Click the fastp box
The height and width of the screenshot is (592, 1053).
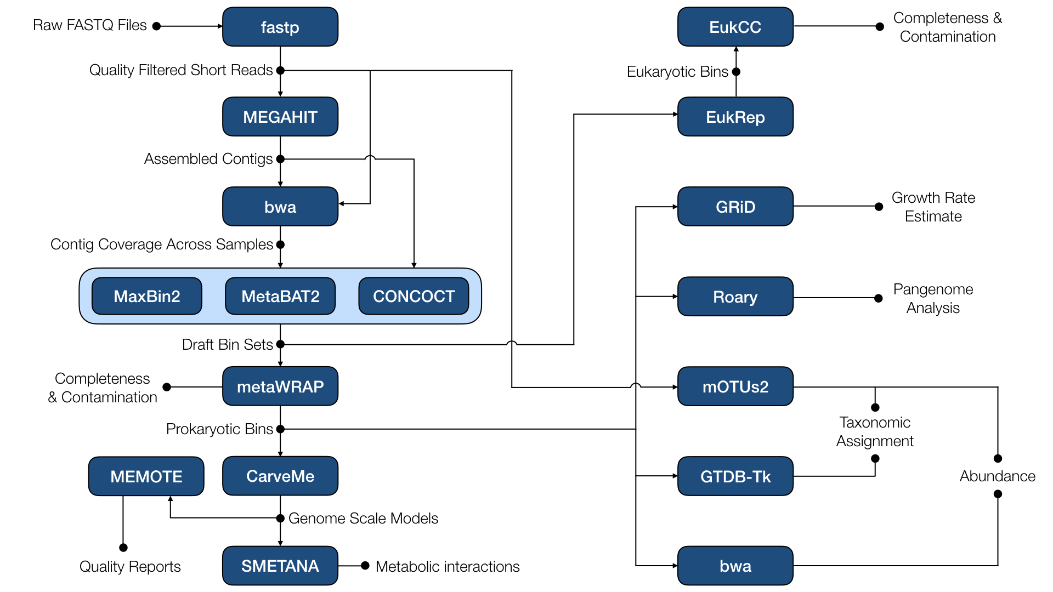[280, 27]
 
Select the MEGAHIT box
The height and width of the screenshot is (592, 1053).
[280, 117]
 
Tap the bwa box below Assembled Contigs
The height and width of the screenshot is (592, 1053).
[280, 207]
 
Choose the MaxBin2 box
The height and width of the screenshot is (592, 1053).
[146, 296]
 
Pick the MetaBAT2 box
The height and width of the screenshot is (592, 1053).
[280, 296]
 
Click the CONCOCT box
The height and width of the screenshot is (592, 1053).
[414, 296]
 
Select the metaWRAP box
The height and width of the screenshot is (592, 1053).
[280, 386]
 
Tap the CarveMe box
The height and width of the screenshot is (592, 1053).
[280, 476]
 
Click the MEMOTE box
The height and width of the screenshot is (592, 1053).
[146, 476]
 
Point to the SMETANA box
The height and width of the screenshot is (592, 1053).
[280, 566]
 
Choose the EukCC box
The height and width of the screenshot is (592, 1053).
[735, 27]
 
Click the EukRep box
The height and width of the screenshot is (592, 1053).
[735, 117]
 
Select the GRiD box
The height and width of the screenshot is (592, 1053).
[735, 207]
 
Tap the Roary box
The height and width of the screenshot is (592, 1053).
[735, 297]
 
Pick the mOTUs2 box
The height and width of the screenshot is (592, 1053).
[735, 386]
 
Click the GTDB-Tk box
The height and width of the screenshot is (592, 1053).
[735, 476]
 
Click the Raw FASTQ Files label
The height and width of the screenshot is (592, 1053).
[90, 25]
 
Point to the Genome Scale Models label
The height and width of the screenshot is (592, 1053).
[363, 518]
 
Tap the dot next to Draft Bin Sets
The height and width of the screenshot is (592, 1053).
[280, 344]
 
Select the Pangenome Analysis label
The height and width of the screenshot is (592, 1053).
[933, 298]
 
